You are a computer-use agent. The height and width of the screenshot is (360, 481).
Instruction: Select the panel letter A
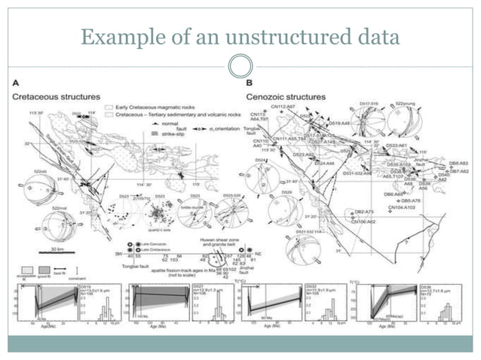[x=16, y=85]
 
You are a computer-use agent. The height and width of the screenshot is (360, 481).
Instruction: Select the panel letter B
[x=249, y=85]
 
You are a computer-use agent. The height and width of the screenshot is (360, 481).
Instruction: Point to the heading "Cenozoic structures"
[x=286, y=97]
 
